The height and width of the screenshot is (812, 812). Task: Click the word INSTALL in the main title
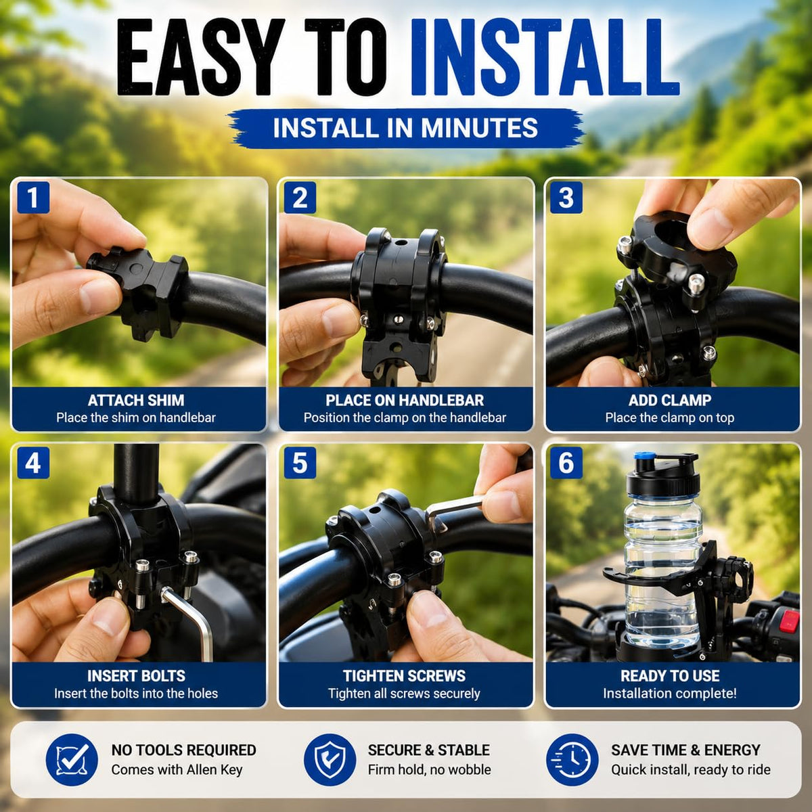pyautogui.click(x=545, y=57)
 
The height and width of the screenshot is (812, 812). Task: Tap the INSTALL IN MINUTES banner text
pyautogui.click(x=405, y=128)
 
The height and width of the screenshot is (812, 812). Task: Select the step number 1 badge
pyautogui.click(x=33, y=197)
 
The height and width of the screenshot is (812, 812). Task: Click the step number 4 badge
pyautogui.click(x=33, y=463)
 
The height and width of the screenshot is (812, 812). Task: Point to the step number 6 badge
pyautogui.click(x=566, y=463)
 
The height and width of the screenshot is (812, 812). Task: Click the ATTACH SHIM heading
pyautogui.click(x=136, y=400)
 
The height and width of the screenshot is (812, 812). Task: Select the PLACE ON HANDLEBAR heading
pyautogui.click(x=405, y=400)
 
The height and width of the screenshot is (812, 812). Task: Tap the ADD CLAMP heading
pyautogui.click(x=670, y=400)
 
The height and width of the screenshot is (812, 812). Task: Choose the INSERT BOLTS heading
pyautogui.click(x=136, y=675)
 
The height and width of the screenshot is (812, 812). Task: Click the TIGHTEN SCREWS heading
pyautogui.click(x=405, y=675)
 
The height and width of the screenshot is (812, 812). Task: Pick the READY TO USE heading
pyautogui.click(x=670, y=675)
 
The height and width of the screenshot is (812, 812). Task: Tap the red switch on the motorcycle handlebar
pyautogui.click(x=789, y=621)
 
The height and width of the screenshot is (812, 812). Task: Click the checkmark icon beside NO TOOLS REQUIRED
pyautogui.click(x=72, y=760)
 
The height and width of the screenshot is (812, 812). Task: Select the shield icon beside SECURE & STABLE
pyautogui.click(x=330, y=760)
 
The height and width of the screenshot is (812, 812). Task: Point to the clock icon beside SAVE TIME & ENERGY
pyautogui.click(x=572, y=760)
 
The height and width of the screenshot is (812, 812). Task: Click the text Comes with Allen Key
pyautogui.click(x=177, y=769)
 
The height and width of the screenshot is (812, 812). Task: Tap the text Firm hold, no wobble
pyautogui.click(x=430, y=769)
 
